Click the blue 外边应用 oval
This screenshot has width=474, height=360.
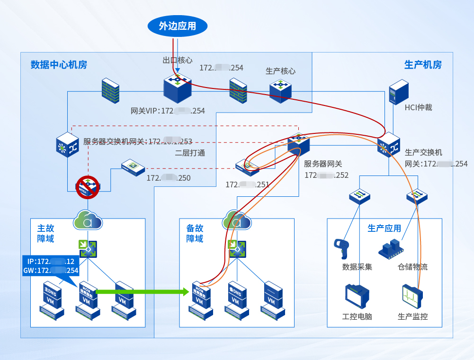(178, 26)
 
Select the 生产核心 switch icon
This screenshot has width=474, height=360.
(280, 90)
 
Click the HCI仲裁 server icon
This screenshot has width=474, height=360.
(398, 91)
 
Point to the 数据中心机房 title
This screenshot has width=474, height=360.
(59, 65)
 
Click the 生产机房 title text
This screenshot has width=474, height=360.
(423, 65)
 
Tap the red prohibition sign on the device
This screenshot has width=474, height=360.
(88, 186)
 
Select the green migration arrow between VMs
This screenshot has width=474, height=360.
(142, 291)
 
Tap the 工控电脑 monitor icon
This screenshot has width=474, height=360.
(357, 297)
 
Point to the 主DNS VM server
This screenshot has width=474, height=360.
(51, 299)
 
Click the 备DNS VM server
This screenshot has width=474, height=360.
(235, 299)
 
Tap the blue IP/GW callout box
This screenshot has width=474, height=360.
(50, 266)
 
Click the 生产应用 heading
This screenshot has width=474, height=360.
(384, 228)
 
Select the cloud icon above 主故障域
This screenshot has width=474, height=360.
(88, 221)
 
